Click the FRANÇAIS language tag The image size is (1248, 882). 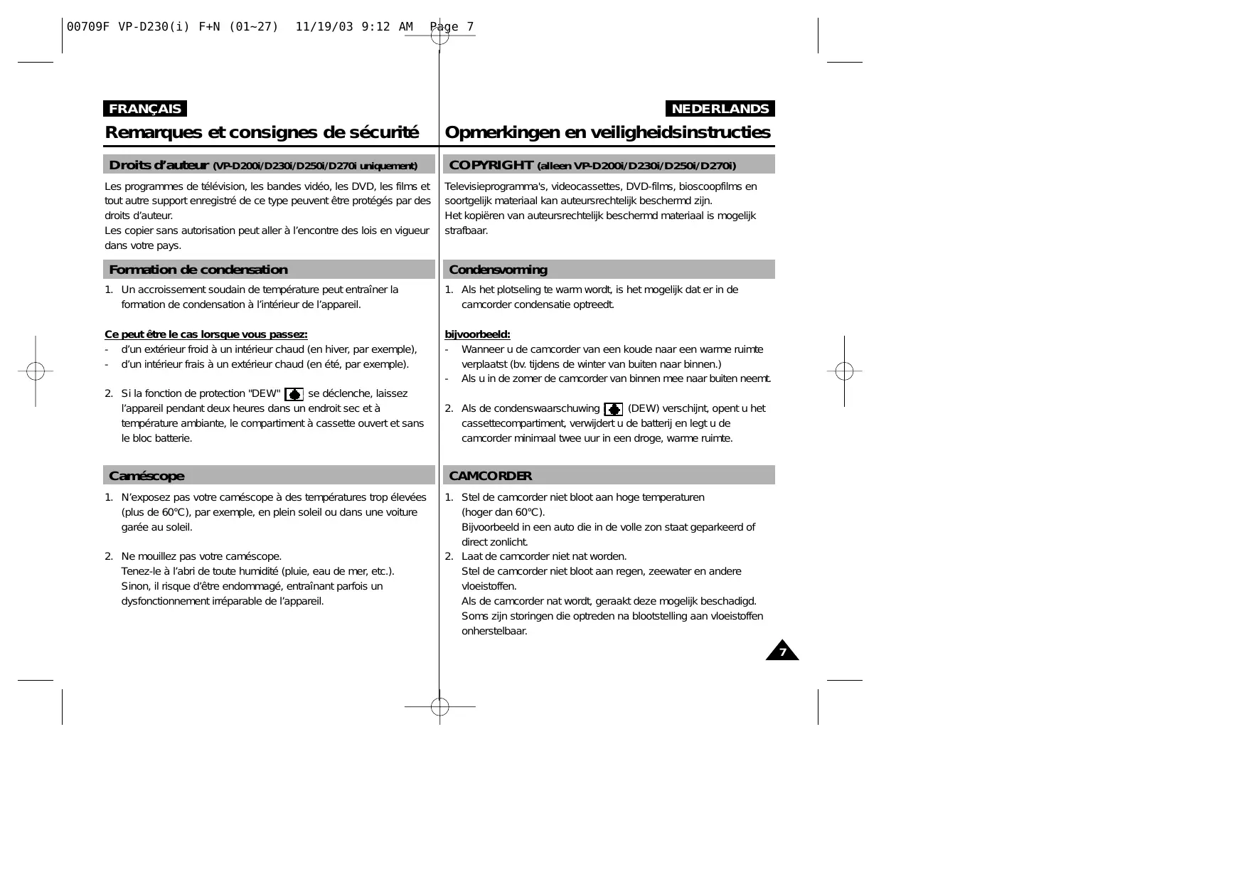click(x=145, y=109)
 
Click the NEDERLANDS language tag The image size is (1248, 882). click(x=720, y=109)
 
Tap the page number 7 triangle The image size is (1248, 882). click(x=782, y=652)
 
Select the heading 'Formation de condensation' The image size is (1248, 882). click(x=198, y=270)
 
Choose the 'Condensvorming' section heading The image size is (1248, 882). click(x=498, y=270)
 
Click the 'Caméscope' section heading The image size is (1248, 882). click(x=146, y=476)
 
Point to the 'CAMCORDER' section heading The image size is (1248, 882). click(x=490, y=476)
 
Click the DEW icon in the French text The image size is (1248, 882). click(x=294, y=394)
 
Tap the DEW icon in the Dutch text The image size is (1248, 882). click(x=613, y=409)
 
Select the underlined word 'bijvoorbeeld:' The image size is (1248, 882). click(x=477, y=334)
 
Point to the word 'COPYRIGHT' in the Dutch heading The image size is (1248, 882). click(x=491, y=165)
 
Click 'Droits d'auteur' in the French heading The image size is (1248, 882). click(x=158, y=165)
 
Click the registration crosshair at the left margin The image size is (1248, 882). click(x=36, y=371)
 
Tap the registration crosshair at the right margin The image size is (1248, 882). click(x=844, y=371)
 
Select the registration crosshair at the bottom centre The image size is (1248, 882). click(x=439, y=706)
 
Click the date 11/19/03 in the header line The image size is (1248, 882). click(x=324, y=27)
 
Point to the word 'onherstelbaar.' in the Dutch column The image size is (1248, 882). click(x=494, y=631)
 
